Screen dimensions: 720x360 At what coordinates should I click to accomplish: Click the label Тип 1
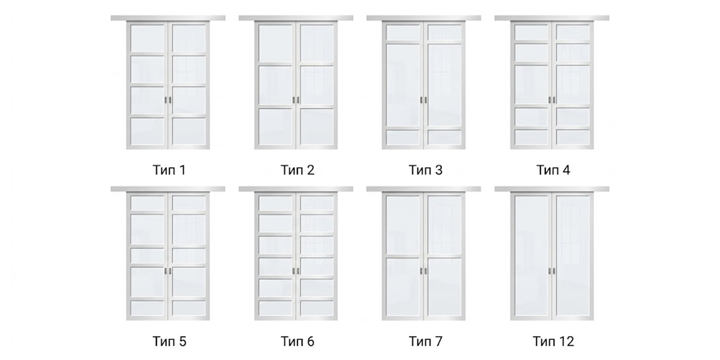click(169, 170)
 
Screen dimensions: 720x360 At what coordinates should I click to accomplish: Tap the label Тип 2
click(297, 170)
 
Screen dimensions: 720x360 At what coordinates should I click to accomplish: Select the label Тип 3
click(425, 170)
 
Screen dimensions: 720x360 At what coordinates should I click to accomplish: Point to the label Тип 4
click(553, 170)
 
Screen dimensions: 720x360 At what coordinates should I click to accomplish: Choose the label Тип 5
click(169, 341)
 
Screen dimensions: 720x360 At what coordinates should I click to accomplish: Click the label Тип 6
click(297, 341)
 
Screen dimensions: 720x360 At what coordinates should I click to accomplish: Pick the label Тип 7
click(425, 341)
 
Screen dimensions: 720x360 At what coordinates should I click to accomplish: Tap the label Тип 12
click(553, 341)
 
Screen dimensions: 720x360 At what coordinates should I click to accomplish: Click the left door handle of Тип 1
click(166, 100)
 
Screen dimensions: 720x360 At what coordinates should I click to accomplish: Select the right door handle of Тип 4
click(554, 100)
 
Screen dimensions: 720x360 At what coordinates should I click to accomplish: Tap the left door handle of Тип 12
click(550, 271)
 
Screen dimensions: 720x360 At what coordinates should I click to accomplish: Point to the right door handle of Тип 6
click(298, 271)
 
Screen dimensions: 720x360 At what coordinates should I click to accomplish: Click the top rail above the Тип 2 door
click(296, 18)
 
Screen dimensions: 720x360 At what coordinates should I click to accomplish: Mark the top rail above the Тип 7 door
click(424, 189)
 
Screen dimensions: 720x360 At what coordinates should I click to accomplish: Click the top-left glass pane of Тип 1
click(147, 39)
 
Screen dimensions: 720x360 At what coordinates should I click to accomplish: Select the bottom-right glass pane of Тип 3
click(445, 137)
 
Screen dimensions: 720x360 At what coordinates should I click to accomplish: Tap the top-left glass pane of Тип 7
click(403, 226)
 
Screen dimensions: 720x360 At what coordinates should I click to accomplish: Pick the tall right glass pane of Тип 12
click(573, 256)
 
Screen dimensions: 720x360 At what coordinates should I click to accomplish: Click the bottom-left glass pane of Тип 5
click(147, 308)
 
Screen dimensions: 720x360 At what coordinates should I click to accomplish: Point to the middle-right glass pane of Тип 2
click(317, 85)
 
